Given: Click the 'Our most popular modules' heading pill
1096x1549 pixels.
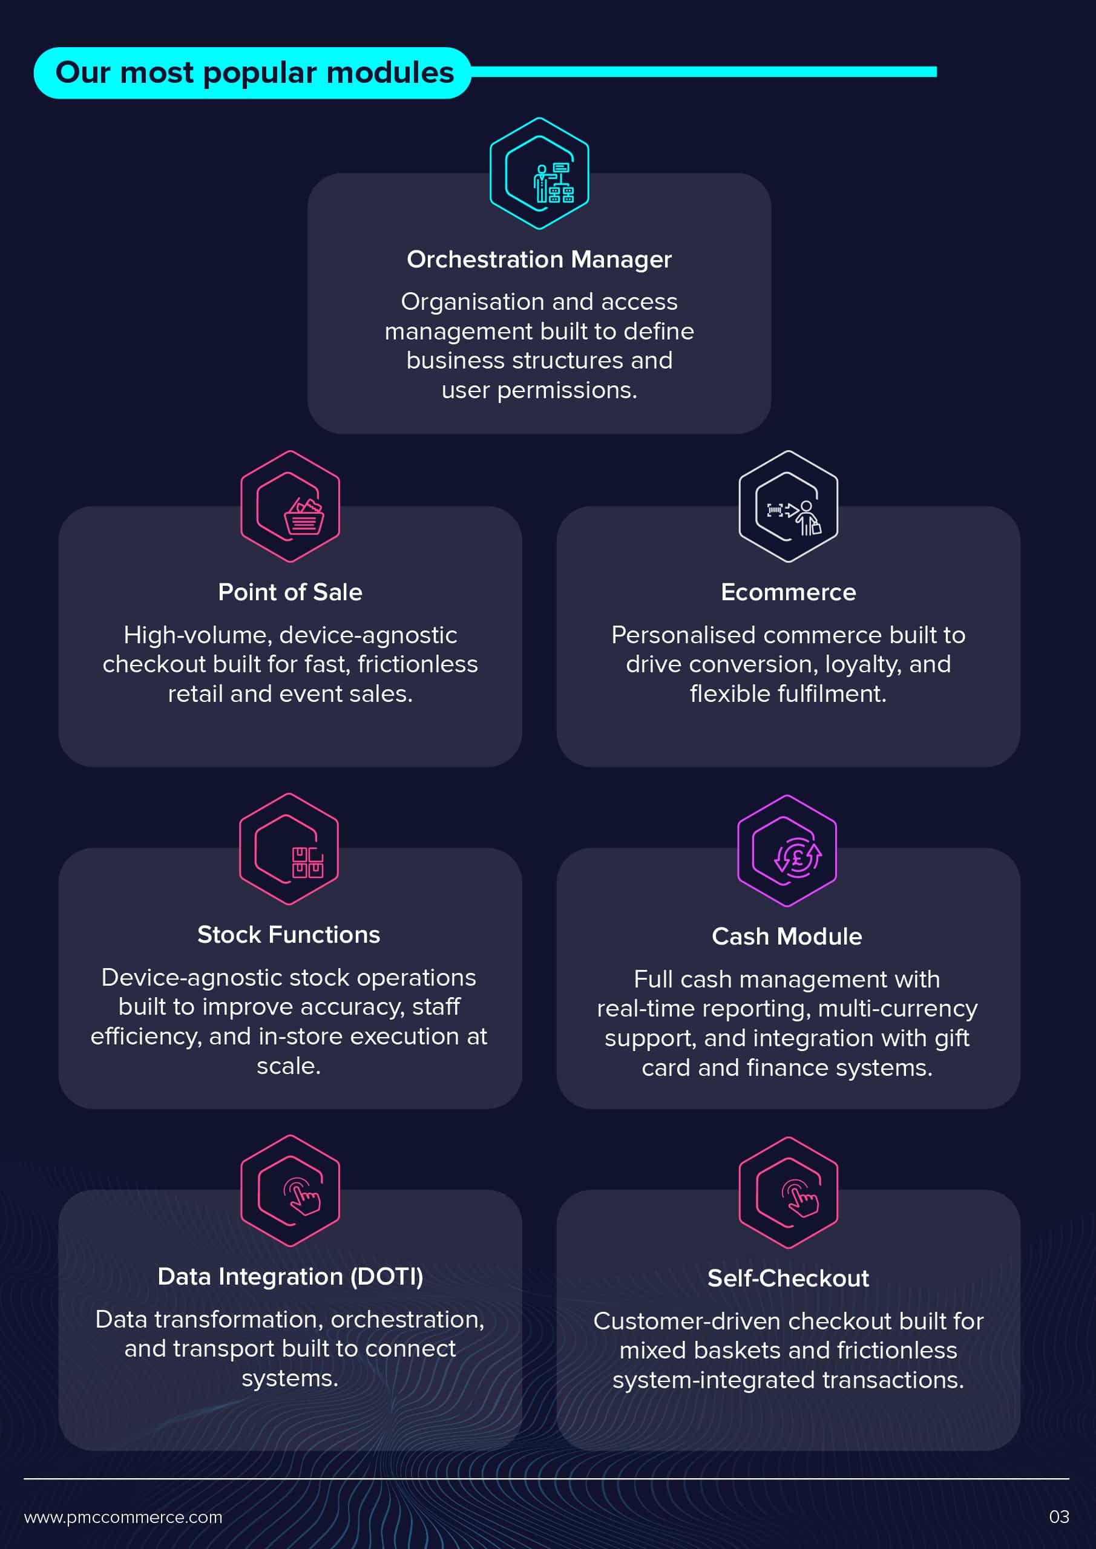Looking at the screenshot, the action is [252, 73].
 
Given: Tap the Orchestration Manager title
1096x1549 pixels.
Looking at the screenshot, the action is [539, 260].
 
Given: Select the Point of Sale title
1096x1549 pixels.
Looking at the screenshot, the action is [290, 592].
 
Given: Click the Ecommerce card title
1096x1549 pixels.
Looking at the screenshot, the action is [788, 592].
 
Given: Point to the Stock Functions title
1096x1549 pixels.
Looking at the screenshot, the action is [289, 934].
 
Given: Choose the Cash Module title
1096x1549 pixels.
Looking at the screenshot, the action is [787, 937].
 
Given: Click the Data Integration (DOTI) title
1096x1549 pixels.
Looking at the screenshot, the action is [290, 1277].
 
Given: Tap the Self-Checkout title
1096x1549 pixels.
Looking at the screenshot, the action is [788, 1279].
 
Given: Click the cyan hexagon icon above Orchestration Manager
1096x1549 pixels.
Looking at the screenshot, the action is [539, 174].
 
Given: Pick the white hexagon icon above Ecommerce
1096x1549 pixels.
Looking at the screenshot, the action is [788, 506].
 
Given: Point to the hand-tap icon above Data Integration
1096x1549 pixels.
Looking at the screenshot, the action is [301, 1196].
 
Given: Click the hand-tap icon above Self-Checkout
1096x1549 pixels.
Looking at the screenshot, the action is [799, 1198].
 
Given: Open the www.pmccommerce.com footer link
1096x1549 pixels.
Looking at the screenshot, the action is [123, 1518].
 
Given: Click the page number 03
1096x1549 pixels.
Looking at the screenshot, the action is [1059, 1518].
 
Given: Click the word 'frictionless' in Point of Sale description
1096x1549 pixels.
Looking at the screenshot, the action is [417, 664].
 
